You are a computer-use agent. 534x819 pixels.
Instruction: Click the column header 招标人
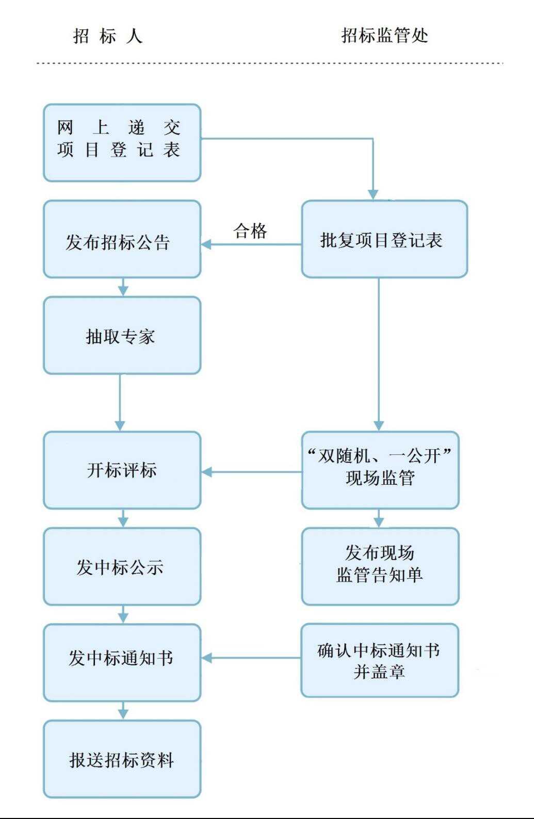[x=107, y=36]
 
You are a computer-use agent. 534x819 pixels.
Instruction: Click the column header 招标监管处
[x=384, y=36]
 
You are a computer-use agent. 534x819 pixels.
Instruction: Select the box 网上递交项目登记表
[x=122, y=143]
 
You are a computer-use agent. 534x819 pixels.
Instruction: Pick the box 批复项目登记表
[x=384, y=239]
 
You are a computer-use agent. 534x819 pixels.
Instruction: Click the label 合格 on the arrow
[x=250, y=231]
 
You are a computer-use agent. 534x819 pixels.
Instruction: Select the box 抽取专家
[x=122, y=335]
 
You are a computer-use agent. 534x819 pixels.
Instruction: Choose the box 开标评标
[x=122, y=470]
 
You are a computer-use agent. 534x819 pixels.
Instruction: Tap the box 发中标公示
[x=122, y=566]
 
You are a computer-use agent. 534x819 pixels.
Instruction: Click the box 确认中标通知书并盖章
[x=380, y=660]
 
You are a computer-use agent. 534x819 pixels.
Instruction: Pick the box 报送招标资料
[x=122, y=759]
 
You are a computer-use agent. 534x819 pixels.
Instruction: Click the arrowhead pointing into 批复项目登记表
[x=373, y=194]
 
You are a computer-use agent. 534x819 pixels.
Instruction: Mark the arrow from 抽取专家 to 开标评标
[x=120, y=402]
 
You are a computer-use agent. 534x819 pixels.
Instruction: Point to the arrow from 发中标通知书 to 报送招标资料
[x=123, y=711]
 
